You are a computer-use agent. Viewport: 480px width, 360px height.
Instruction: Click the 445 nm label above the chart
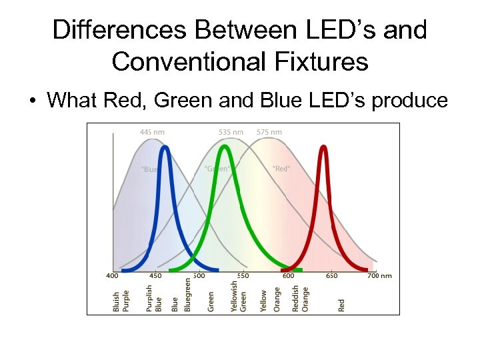tap(152, 132)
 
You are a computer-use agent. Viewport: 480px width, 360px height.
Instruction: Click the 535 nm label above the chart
tap(231, 132)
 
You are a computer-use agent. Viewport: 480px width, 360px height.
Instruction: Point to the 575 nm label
tap(269, 132)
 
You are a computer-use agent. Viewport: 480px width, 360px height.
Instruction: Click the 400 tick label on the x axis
tap(113, 275)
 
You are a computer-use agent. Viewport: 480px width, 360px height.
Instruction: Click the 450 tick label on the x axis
tap(155, 275)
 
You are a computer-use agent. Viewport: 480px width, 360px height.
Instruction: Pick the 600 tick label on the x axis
tap(288, 275)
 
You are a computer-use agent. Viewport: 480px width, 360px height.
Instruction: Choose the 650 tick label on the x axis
tap(331, 275)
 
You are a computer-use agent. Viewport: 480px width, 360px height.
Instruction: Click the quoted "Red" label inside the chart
tap(281, 169)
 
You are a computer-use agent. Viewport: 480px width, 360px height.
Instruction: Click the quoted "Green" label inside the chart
tap(217, 169)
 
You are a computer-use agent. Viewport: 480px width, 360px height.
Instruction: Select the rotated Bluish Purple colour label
tap(121, 301)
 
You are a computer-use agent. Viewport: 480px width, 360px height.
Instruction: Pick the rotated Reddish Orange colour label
tap(300, 298)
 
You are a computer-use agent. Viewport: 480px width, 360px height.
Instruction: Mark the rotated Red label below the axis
tap(341, 305)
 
